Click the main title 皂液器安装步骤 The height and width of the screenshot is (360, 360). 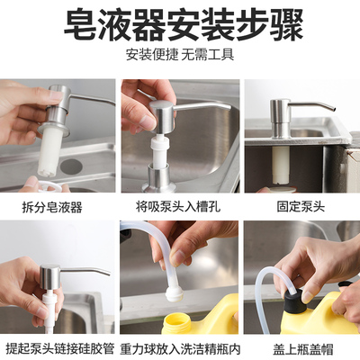click(x=180, y=24)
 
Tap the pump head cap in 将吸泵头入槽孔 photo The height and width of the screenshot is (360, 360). click(x=165, y=115)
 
